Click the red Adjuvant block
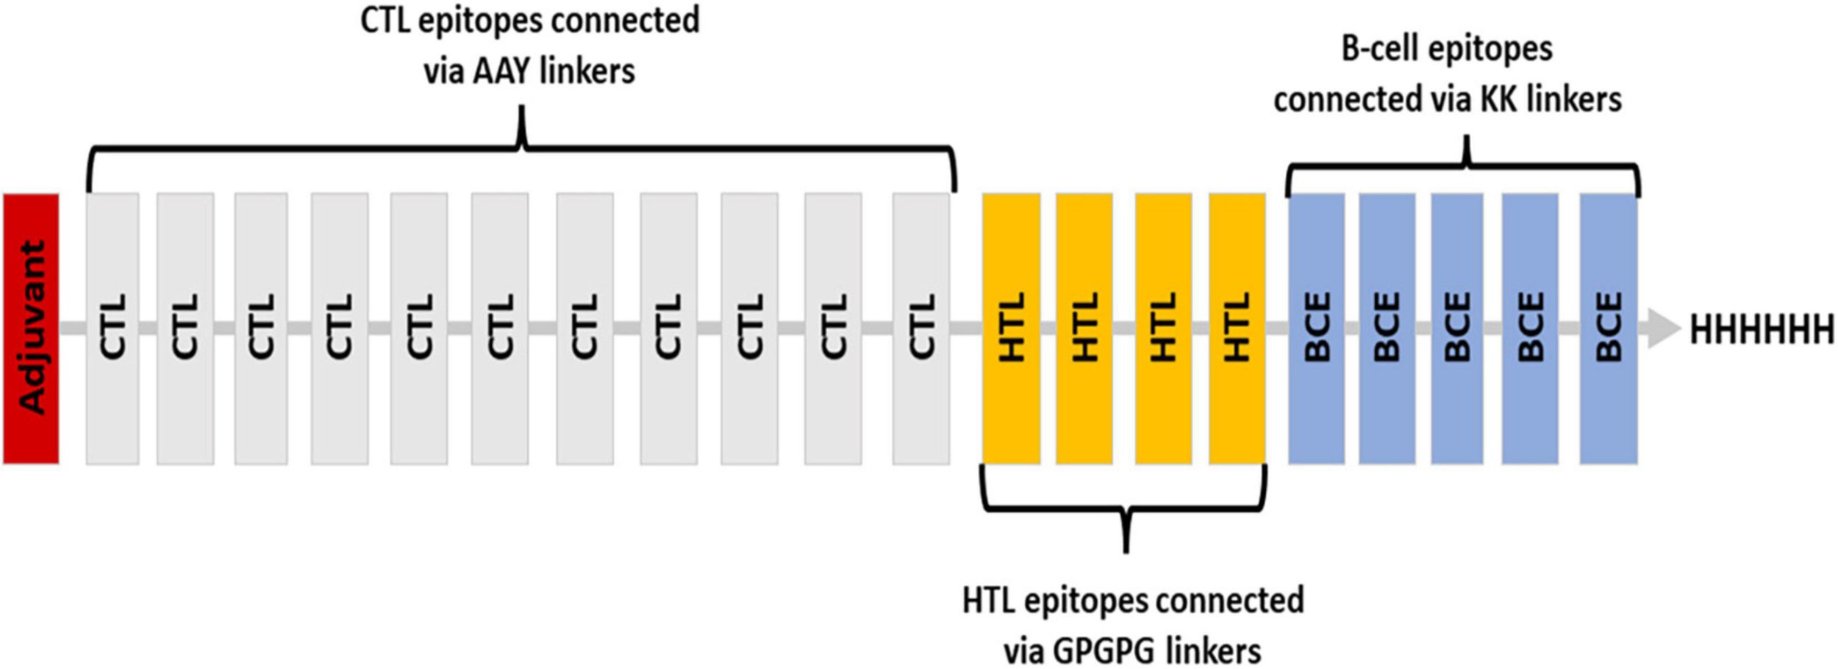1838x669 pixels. point(31,329)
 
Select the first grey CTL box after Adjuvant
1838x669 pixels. point(112,329)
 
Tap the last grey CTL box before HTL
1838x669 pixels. point(921,329)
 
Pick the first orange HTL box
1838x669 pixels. point(1012,329)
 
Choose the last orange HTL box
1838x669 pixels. point(1237,329)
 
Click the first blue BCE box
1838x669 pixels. point(1317,329)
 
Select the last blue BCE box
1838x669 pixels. point(1609,329)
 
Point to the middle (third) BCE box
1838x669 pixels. point(1457,329)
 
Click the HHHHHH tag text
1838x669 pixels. point(1762,330)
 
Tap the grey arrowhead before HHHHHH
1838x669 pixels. point(1663,329)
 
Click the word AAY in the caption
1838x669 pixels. point(503,72)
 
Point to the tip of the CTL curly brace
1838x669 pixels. point(522,110)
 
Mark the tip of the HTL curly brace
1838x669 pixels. point(1126,549)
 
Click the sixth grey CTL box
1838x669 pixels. point(500,329)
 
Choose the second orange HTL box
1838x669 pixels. point(1084,329)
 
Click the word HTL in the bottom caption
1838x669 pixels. point(988,601)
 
